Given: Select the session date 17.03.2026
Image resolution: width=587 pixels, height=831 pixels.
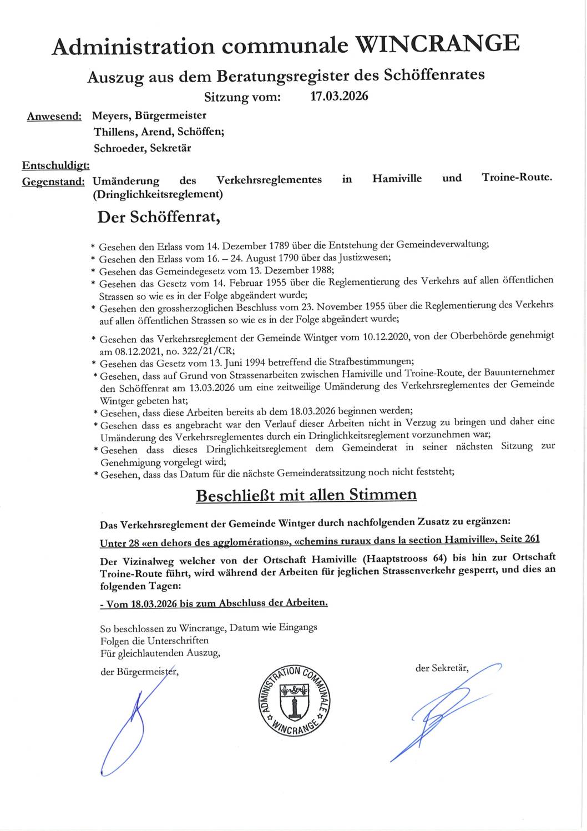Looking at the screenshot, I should coord(339,96).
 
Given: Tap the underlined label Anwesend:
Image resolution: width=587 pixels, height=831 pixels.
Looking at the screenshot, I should coord(54,117).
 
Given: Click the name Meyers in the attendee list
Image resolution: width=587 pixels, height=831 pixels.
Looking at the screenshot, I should coord(109,116).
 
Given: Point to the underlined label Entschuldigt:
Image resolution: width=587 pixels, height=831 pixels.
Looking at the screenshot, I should coord(56,165).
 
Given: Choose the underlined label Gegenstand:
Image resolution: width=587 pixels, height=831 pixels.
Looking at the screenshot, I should coord(53,182).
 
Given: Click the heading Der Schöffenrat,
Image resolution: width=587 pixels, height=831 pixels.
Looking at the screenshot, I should coord(159,217).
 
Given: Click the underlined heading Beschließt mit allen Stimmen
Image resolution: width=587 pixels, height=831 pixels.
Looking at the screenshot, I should coord(306,494).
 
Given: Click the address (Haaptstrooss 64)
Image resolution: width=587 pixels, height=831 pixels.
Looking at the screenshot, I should coord(407,557).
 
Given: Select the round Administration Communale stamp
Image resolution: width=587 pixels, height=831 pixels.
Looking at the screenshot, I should coord(293,701).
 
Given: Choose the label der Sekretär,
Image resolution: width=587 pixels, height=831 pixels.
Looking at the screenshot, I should coord(442,668).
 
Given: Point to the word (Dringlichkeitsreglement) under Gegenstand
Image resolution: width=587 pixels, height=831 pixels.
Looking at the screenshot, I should coord(158,194).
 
